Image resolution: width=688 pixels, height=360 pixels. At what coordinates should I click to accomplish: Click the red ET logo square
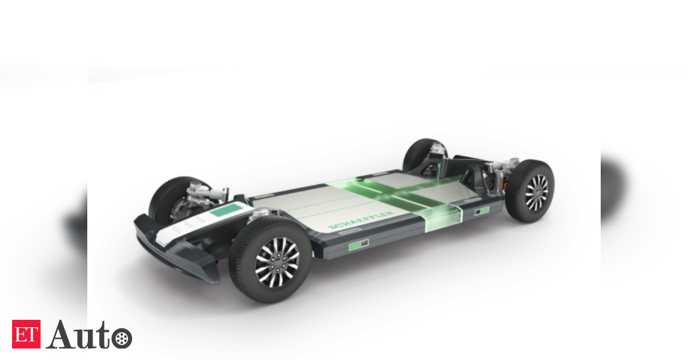click(x=26, y=334)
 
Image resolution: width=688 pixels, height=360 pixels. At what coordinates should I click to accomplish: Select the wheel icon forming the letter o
click(x=122, y=339)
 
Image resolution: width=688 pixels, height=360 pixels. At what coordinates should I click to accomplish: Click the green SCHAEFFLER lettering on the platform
click(x=361, y=220)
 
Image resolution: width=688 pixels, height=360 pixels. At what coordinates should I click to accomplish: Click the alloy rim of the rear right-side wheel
click(x=536, y=192)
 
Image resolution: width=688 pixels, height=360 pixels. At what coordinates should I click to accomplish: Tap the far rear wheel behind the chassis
click(x=422, y=154)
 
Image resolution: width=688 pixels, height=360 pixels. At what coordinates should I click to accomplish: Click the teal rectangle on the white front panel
click(x=226, y=211)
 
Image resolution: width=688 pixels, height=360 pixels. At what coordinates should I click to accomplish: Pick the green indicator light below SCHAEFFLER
click(x=358, y=245)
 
